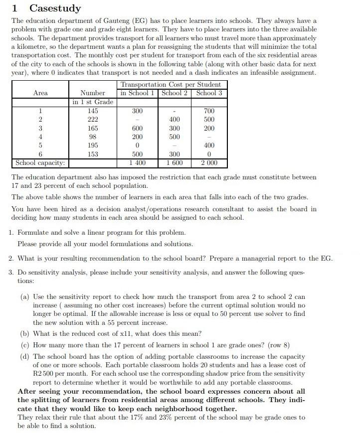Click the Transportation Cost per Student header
click(171, 84)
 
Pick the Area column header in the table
click(40, 93)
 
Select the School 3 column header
click(209, 93)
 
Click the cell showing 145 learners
click(92, 111)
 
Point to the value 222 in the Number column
click(92, 120)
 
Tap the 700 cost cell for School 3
click(209, 111)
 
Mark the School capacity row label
click(40, 163)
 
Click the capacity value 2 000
click(209, 163)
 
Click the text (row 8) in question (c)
click(277, 345)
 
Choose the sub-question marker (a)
click(25, 296)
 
